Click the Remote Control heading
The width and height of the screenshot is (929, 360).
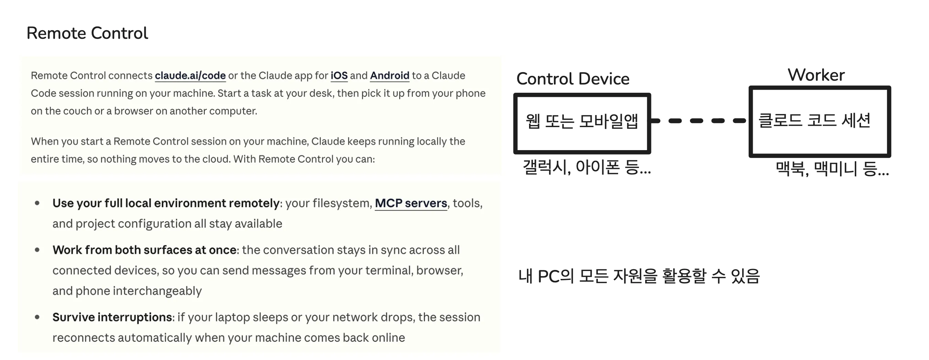tap(87, 33)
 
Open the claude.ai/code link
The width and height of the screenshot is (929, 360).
tap(190, 76)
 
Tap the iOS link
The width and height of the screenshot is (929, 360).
tap(339, 76)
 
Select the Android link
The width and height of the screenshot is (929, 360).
tap(390, 76)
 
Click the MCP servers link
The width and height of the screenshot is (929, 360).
tap(411, 203)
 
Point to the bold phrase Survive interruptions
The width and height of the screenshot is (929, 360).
tap(112, 317)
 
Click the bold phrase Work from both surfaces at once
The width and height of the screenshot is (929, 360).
tap(144, 250)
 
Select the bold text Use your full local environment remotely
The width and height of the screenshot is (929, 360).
tap(166, 203)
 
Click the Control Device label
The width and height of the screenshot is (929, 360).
tap(573, 79)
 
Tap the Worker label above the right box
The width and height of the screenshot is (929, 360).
tap(816, 75)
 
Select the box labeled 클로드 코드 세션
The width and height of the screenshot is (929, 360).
tap(820, 88)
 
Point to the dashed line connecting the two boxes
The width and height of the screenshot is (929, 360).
tap(699, 121)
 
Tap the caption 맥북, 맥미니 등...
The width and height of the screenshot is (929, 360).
tap(832, 169)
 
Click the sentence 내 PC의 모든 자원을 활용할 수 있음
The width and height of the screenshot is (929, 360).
tap(639, 277)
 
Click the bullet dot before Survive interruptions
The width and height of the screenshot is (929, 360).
tap(37, 317)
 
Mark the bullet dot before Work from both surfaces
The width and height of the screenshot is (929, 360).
tap(37, 250)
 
